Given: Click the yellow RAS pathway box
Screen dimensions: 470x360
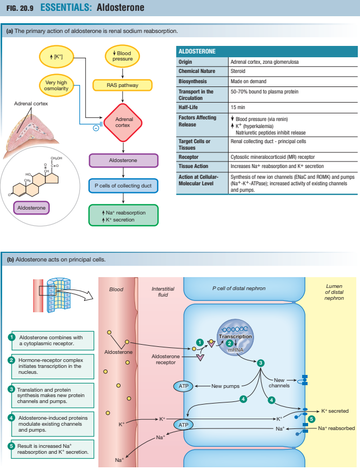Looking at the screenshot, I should click(123, 85).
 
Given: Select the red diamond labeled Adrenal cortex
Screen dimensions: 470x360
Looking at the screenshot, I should click(124, 122).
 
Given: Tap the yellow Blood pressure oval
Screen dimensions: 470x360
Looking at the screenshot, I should click(123, 57).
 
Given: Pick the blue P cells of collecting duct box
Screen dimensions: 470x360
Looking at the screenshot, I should click(123, 186).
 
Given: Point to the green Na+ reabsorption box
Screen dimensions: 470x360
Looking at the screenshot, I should click(123, 216).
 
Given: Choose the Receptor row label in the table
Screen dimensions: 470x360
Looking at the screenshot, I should click(190, 157).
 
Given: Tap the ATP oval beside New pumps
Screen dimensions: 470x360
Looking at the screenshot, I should click(183, 386).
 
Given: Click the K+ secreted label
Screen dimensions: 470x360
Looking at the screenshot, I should click(338, 411).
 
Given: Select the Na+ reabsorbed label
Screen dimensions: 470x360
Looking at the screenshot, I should click(336, 428).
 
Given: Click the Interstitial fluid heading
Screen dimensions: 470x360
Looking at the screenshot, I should click(163, 292).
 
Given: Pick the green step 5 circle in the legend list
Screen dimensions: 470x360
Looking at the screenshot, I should click(11, 446).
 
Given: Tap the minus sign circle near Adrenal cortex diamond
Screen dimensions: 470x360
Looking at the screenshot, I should click(95, 128).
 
